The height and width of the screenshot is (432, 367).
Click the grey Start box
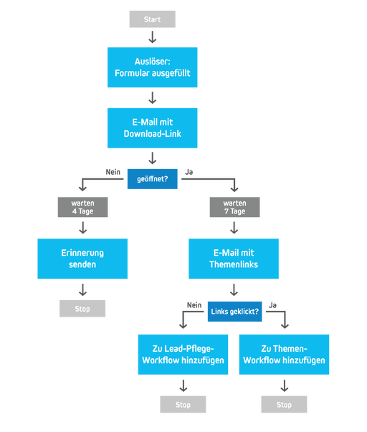coord(152,19)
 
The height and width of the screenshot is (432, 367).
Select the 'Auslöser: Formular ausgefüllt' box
coord(152,67)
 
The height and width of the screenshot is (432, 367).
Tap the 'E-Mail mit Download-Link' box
coord(152,128)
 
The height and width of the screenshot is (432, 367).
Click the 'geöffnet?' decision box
coord(152,178)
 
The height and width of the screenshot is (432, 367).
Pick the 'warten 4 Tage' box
coord(82,207)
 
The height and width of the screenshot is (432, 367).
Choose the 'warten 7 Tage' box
coord(233,207)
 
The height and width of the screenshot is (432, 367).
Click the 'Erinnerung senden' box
coord(82,259)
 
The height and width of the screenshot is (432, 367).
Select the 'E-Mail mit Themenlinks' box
coord(233,259)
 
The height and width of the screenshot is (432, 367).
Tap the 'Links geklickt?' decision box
coord(233,312)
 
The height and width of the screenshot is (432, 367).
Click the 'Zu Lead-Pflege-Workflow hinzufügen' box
coord(183,355)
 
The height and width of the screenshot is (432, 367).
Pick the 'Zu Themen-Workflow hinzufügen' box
coord(284,355)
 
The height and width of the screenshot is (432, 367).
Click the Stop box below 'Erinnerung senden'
coord(82,309)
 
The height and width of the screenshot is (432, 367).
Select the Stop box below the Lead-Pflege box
coord(183,404)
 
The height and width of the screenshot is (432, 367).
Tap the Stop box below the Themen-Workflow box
coord(284,404)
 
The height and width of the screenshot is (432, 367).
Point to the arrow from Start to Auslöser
coord(152,38)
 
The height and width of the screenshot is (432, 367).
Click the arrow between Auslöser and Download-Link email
coord(152,98)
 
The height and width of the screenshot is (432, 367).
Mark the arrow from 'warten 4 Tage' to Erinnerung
coord(82,228)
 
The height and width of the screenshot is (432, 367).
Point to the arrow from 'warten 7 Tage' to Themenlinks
coord(233,228)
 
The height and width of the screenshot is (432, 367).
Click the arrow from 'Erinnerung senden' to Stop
coord(82,289)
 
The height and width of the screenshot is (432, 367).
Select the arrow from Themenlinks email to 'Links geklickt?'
coord(233,290)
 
